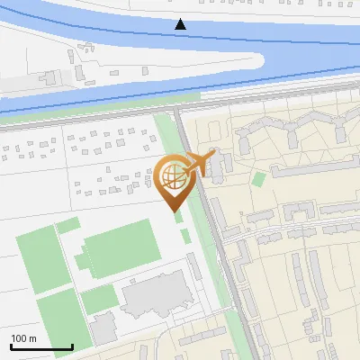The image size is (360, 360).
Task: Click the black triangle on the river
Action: click(x=181, y=24)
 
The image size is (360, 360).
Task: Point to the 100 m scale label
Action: click(x=24, y=338)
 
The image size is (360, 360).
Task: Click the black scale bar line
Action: click(x=41, y=347)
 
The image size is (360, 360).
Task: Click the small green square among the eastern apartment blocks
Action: click(x=259, y=178)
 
